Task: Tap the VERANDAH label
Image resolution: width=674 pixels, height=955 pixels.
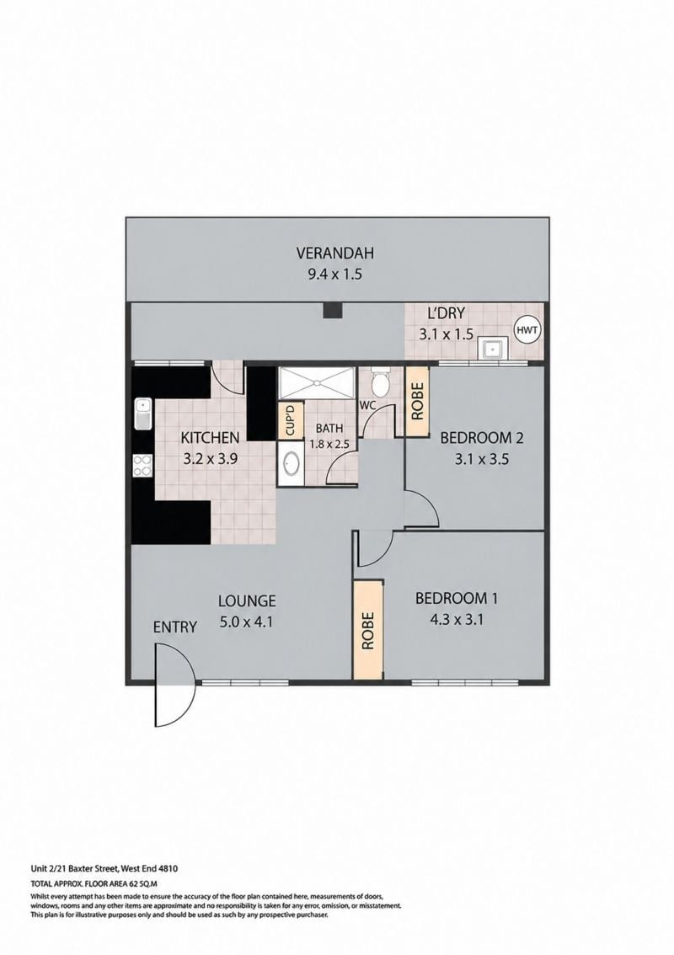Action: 334,253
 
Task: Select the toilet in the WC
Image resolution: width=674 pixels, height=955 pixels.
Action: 381,381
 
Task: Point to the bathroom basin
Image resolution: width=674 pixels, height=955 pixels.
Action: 291,464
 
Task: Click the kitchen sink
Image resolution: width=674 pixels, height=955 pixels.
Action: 142,413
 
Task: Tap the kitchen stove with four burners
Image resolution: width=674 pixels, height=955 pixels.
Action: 142,466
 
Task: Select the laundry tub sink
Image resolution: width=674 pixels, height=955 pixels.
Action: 491,349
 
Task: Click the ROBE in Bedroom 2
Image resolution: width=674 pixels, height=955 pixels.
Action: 417,401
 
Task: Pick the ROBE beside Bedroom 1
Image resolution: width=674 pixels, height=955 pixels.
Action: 368,630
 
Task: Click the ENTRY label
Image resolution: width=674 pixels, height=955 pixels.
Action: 175,627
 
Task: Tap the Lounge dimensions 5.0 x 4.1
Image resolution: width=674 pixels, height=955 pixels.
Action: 247,622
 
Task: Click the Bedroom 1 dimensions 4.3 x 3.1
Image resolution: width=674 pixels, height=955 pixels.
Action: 457,620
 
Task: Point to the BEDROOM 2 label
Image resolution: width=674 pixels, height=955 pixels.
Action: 482,437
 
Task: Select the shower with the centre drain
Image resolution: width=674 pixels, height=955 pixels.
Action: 316,382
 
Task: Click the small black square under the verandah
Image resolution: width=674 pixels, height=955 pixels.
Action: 333,310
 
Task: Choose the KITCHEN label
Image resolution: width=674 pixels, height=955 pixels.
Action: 211,437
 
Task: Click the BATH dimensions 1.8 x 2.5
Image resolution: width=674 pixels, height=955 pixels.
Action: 329,444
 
